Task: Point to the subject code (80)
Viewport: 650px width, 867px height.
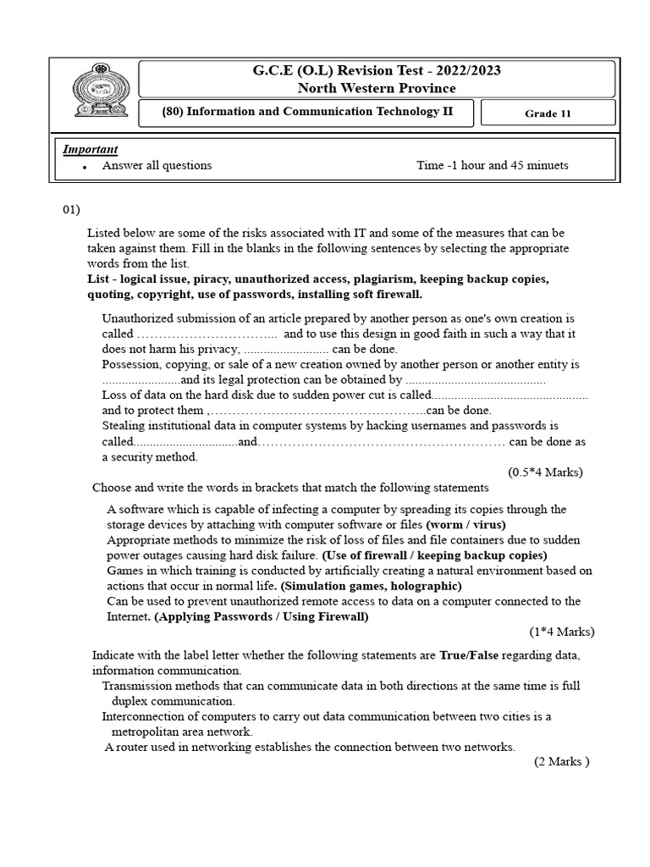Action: click(177, 112)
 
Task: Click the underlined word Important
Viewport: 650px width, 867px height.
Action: click(91, 149)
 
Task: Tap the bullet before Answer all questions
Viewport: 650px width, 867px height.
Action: click(85, 167)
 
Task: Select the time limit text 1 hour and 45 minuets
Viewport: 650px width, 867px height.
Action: click(513, 165)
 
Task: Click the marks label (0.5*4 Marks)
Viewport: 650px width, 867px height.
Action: click(545, 472)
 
